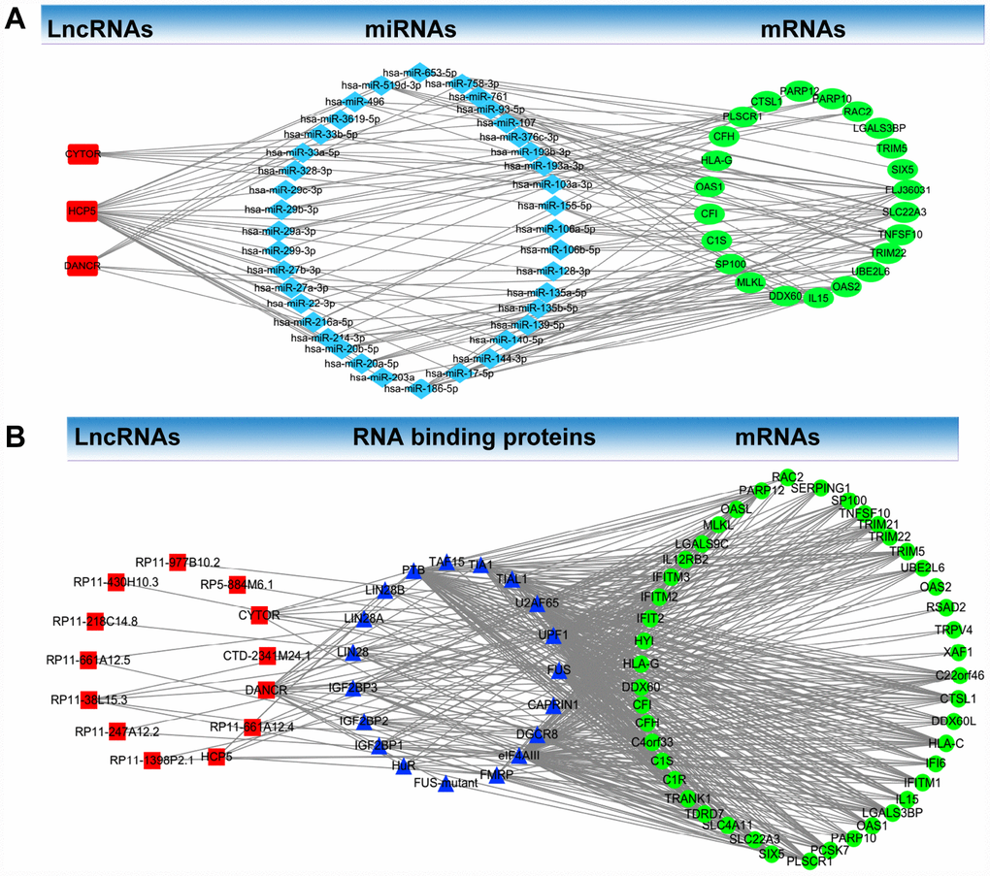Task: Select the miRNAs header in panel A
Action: [x=410, y=30]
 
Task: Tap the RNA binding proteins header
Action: [x=474, y=438]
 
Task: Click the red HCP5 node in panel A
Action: [x=83, y=210]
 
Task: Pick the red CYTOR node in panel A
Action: [x=83, y=153]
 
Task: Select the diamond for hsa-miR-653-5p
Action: [x=419, y=71]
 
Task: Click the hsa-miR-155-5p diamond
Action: [x=554, y=206]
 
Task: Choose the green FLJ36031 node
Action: [x=907, y=189]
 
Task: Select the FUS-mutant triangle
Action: [x=446, y=783]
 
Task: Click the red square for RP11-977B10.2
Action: [x=177, y=561]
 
